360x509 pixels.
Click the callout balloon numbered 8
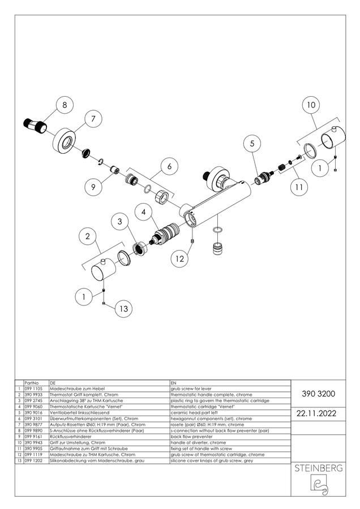pos(65,105)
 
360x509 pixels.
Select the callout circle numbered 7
pos(93,119)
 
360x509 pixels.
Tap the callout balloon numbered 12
pos(179,258)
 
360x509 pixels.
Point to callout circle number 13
pos(124,308)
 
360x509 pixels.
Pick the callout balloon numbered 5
pos(252,143)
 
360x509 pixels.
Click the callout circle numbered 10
pos(311,105)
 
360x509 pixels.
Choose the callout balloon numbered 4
pos(144,212)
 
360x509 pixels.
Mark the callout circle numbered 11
pos(299,187)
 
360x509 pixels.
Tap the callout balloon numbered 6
pos(169,166)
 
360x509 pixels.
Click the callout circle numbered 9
pos(93,187)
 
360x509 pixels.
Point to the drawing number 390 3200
pos(319,394)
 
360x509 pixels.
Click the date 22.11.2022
pos(316,413)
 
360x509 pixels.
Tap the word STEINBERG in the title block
pos(319,468)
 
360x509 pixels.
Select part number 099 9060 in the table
pos(33,407)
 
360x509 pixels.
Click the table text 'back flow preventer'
pos(191,437)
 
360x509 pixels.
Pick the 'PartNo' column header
pos(32,383)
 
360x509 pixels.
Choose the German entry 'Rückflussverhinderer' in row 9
pos(71,437)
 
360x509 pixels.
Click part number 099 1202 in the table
pos(33,460)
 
